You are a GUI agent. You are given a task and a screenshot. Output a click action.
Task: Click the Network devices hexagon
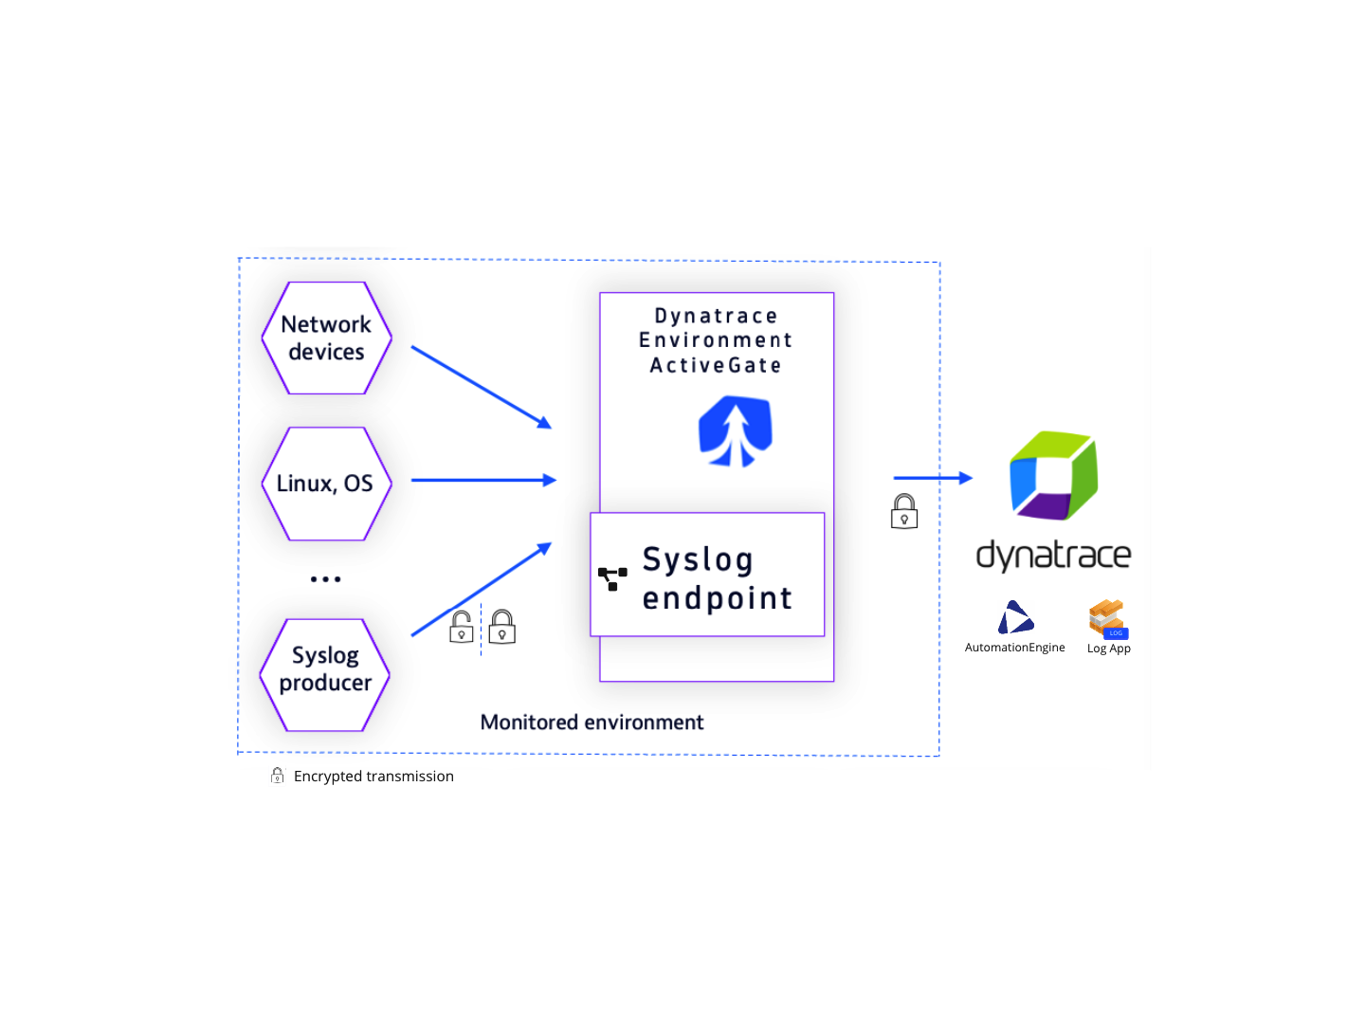pos(326,338)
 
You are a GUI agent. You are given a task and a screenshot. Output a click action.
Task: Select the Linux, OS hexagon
pos(326,484)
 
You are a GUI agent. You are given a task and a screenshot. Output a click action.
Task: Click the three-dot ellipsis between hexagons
pos(325,578)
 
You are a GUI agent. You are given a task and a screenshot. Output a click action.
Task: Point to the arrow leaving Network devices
pos(481,387)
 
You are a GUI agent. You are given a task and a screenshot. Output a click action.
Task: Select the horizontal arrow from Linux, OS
pos(483,481)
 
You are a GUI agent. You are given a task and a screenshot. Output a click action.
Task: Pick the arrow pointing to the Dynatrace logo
pos(933,478)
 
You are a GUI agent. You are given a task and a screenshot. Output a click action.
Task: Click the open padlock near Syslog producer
pos(462,628)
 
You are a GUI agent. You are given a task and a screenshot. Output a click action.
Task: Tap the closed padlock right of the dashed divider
pos(502,628)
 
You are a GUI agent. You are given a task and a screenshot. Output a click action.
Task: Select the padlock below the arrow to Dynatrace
pos(904,512)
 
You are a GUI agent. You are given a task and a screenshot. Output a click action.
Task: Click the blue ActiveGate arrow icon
pos(736,431)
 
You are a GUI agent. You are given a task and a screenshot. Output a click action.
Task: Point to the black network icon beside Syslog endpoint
pos(612,578)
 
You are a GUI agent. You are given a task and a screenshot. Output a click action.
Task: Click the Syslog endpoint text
pos(717,578)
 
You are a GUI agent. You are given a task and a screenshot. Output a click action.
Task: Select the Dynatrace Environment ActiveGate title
pos(716,340)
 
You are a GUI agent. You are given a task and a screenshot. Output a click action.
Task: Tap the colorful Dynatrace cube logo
pos(1053,475)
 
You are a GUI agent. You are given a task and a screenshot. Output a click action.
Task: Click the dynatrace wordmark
pos(1053,555)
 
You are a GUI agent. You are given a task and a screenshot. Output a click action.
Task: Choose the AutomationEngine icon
pos(1015,617)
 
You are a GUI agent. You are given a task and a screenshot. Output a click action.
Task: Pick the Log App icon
pos(1108,619)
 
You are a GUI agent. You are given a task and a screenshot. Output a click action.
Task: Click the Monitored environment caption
pos(591,722)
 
